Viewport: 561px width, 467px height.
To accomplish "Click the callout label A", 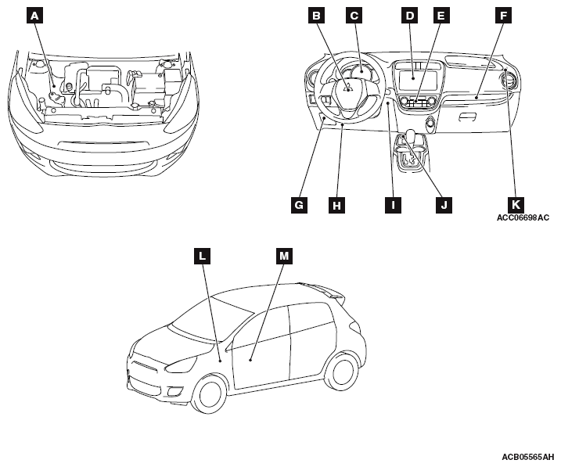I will [34, 15].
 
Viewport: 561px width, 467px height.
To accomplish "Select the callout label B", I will [316, 15].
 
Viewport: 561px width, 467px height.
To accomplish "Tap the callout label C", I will [354, 15].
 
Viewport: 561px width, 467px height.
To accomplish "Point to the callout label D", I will [408, 15].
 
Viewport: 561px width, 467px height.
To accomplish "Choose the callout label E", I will [441, 15].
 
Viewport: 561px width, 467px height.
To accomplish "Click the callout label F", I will [503, 15].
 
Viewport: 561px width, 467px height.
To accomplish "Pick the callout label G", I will [298, 205].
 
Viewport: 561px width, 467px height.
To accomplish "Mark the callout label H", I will [336, 205].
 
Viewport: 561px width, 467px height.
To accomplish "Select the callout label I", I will [392, 205].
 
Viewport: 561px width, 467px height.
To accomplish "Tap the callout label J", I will [443, 205].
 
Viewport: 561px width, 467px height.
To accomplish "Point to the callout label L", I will [203, 255].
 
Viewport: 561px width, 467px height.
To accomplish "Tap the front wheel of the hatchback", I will [209, 393].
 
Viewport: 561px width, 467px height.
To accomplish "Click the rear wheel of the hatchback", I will [341, 371].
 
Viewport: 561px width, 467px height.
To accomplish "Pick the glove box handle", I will [467, 116].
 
